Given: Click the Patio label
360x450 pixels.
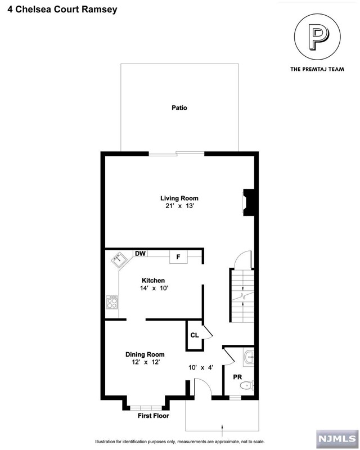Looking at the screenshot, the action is point(179,108).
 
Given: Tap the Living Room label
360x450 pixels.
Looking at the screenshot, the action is point(179,198).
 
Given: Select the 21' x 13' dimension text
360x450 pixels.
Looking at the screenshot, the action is point(180,206).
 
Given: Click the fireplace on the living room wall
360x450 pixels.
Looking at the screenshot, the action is point(249,202).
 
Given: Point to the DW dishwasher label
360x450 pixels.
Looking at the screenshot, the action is point(140,254).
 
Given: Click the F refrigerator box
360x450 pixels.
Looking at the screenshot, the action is point(178,256).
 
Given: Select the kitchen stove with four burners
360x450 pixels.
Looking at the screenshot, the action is point(112,302).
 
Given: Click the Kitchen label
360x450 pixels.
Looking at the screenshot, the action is point(154,280).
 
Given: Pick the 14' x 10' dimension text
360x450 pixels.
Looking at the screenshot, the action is point(154,288).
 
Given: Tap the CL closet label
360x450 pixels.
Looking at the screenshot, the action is point(195,335).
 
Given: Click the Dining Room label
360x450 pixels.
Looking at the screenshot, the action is point(145,354).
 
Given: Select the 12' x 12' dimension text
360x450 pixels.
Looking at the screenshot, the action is point(146,362).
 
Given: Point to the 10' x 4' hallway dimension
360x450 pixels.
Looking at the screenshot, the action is point(201,367).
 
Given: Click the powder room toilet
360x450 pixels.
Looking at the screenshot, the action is point(247,385).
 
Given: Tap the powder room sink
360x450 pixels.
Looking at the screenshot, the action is point(249,357).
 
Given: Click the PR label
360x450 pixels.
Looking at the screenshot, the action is point(237,377).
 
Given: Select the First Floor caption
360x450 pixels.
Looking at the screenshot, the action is point(154,416).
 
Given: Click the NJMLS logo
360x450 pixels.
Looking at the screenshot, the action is point(337,439).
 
